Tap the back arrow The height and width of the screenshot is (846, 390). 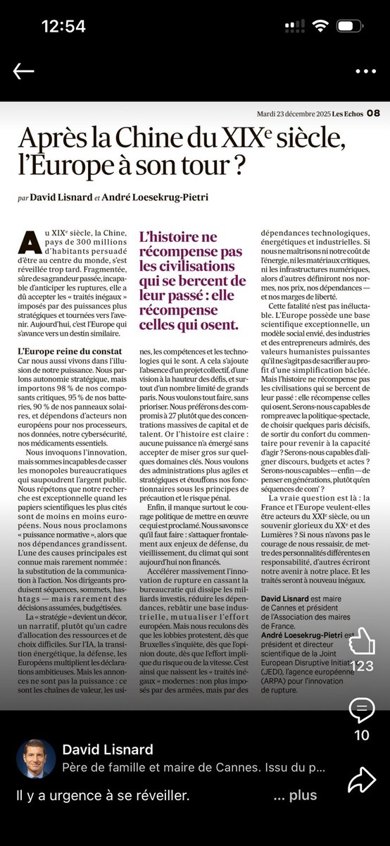23,71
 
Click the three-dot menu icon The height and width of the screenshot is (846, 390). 365,71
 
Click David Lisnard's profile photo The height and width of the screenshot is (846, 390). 36,758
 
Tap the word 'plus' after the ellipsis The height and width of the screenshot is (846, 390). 303,795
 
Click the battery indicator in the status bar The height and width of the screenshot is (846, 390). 351,27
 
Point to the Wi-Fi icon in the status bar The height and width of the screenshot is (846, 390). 321,26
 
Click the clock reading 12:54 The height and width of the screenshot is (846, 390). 63,27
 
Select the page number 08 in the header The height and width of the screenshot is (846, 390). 372,113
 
